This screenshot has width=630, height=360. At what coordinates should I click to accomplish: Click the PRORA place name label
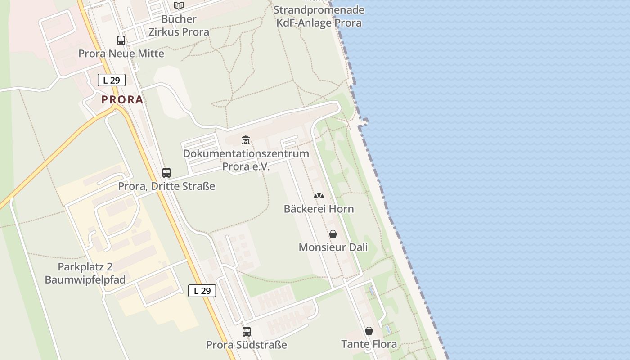[122, 99]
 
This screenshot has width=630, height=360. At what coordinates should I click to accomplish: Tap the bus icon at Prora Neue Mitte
[121, 40]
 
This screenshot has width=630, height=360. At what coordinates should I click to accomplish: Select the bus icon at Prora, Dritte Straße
[166, 173]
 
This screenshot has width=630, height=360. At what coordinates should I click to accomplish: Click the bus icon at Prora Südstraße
[247, 332]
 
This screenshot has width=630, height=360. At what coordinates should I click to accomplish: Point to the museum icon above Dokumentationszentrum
[246, 140]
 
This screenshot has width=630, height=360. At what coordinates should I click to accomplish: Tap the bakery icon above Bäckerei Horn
[319, 196]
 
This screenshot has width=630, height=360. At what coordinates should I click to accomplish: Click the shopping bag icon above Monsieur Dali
[333, 234]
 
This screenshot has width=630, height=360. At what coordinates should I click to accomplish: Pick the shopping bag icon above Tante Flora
[369, 331]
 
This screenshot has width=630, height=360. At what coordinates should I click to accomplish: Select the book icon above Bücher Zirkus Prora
[179, 6]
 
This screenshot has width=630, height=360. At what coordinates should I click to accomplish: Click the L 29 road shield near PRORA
[112, 81]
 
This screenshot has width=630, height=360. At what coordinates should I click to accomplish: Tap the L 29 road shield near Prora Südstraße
[202, 291]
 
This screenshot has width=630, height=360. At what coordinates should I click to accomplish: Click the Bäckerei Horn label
[319, 209]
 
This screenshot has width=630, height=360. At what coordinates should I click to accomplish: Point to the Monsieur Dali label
[333, 247]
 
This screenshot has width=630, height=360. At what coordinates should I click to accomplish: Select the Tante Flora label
[369, 344]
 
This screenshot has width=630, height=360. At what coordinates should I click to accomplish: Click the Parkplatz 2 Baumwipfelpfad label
[85, 273]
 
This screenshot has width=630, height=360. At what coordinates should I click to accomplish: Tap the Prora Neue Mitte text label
[121, 54]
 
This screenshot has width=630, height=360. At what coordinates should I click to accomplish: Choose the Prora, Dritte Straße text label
[166, 186]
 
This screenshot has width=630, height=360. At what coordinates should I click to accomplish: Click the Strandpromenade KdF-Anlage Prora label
[319, 16]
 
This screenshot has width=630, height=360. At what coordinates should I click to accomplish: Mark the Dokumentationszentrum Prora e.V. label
[246, 160]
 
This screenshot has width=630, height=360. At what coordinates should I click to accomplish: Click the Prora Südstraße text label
[247, 345]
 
